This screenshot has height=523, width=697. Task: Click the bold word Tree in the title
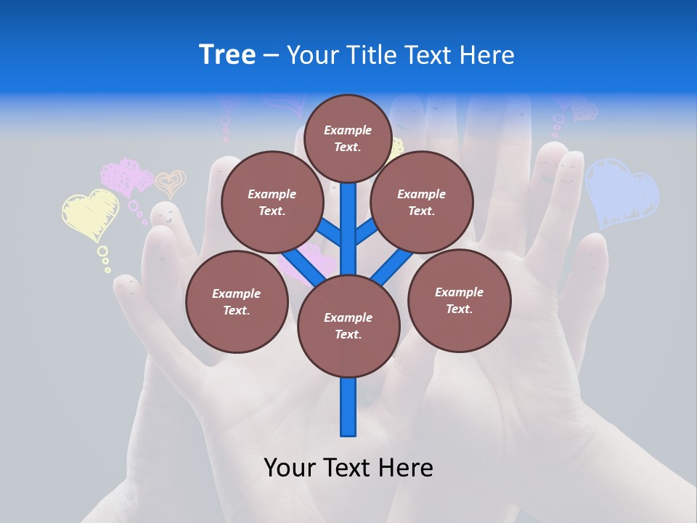pyautogui.click(x=227, y=54)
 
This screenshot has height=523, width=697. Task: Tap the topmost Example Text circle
pyautogui.click(x=348, y=138)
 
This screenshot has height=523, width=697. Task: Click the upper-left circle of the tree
pyautogui.click(x=272, y=202)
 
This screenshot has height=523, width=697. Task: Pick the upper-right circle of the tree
pyautogui.click(x=422, y=202)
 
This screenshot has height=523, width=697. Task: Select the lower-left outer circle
pyautogui.click(x=237, y=301)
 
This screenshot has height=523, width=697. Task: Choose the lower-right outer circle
pyautogui.click(x=459, y=300)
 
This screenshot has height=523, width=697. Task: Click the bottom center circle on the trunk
pyautogui.click(x=348, y=325)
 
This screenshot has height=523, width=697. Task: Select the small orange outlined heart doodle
pyautogui.click(x=171, y=183)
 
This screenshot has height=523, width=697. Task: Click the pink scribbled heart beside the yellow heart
pyautogui.click(x=126, y=177)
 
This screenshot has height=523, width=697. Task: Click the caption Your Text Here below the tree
pyautogui.click(x=348, y=468)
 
